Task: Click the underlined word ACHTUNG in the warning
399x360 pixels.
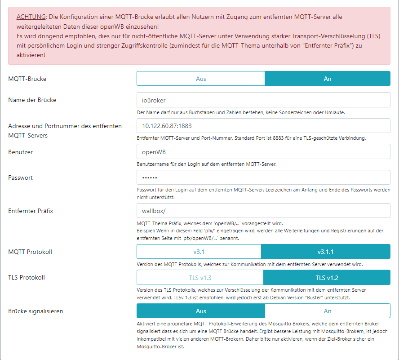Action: click(x=30, y=17)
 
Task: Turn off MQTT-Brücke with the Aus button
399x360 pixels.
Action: click(x=201, y=79)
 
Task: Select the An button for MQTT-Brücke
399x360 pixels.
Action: click(x=328, y=79)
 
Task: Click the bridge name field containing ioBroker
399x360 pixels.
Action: click(x=263, y=100)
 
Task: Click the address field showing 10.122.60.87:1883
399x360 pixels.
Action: click(x=263, y=126)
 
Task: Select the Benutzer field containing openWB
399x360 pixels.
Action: click(x=263, y=152)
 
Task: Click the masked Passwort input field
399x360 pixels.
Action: click(x=263, y=178)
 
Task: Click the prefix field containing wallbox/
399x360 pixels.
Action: click(x=263, y=210)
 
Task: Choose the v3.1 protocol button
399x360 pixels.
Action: click(x=199, y=252)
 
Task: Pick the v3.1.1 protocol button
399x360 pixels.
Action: click(x=326, y=252)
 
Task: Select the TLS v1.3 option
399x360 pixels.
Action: click(x=200, y=277)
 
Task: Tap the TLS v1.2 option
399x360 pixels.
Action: click(x=327, y=277)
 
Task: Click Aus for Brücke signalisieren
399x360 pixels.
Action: click(x=201, y=311)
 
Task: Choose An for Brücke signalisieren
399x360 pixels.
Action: click(x=328, y=311)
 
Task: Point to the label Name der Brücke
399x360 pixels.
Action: click(x=32, y=100)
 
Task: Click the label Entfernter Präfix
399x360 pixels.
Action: click(x=31, y=210)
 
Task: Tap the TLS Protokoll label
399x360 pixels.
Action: click(x=27, y=277)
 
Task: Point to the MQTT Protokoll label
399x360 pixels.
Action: click(x=30, y=252)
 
